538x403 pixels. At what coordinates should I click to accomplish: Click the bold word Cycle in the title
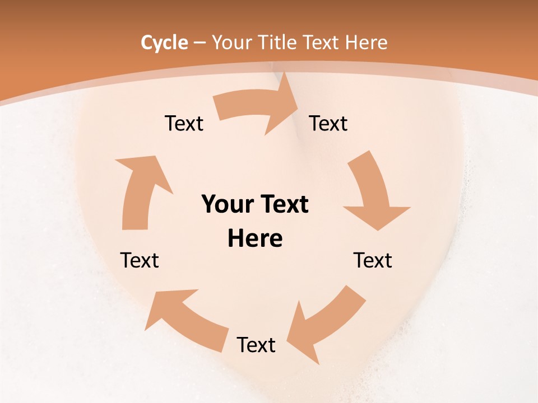pos(164,43)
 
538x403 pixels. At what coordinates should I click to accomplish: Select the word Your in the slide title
pos(230,43)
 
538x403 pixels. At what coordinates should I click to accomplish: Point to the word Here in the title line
pos(366,43)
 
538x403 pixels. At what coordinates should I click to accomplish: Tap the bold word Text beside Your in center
pos(283,205)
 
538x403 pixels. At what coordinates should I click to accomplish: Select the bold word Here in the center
pos(255,239)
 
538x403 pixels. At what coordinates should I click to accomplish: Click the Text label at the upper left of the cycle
pos(184,124)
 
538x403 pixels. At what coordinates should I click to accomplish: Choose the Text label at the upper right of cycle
pos(328,124)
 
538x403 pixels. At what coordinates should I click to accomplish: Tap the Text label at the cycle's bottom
pos(256,345)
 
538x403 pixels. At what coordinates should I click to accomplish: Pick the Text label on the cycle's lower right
pos(373,261)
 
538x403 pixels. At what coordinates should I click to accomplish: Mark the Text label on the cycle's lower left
pos(140,261)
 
